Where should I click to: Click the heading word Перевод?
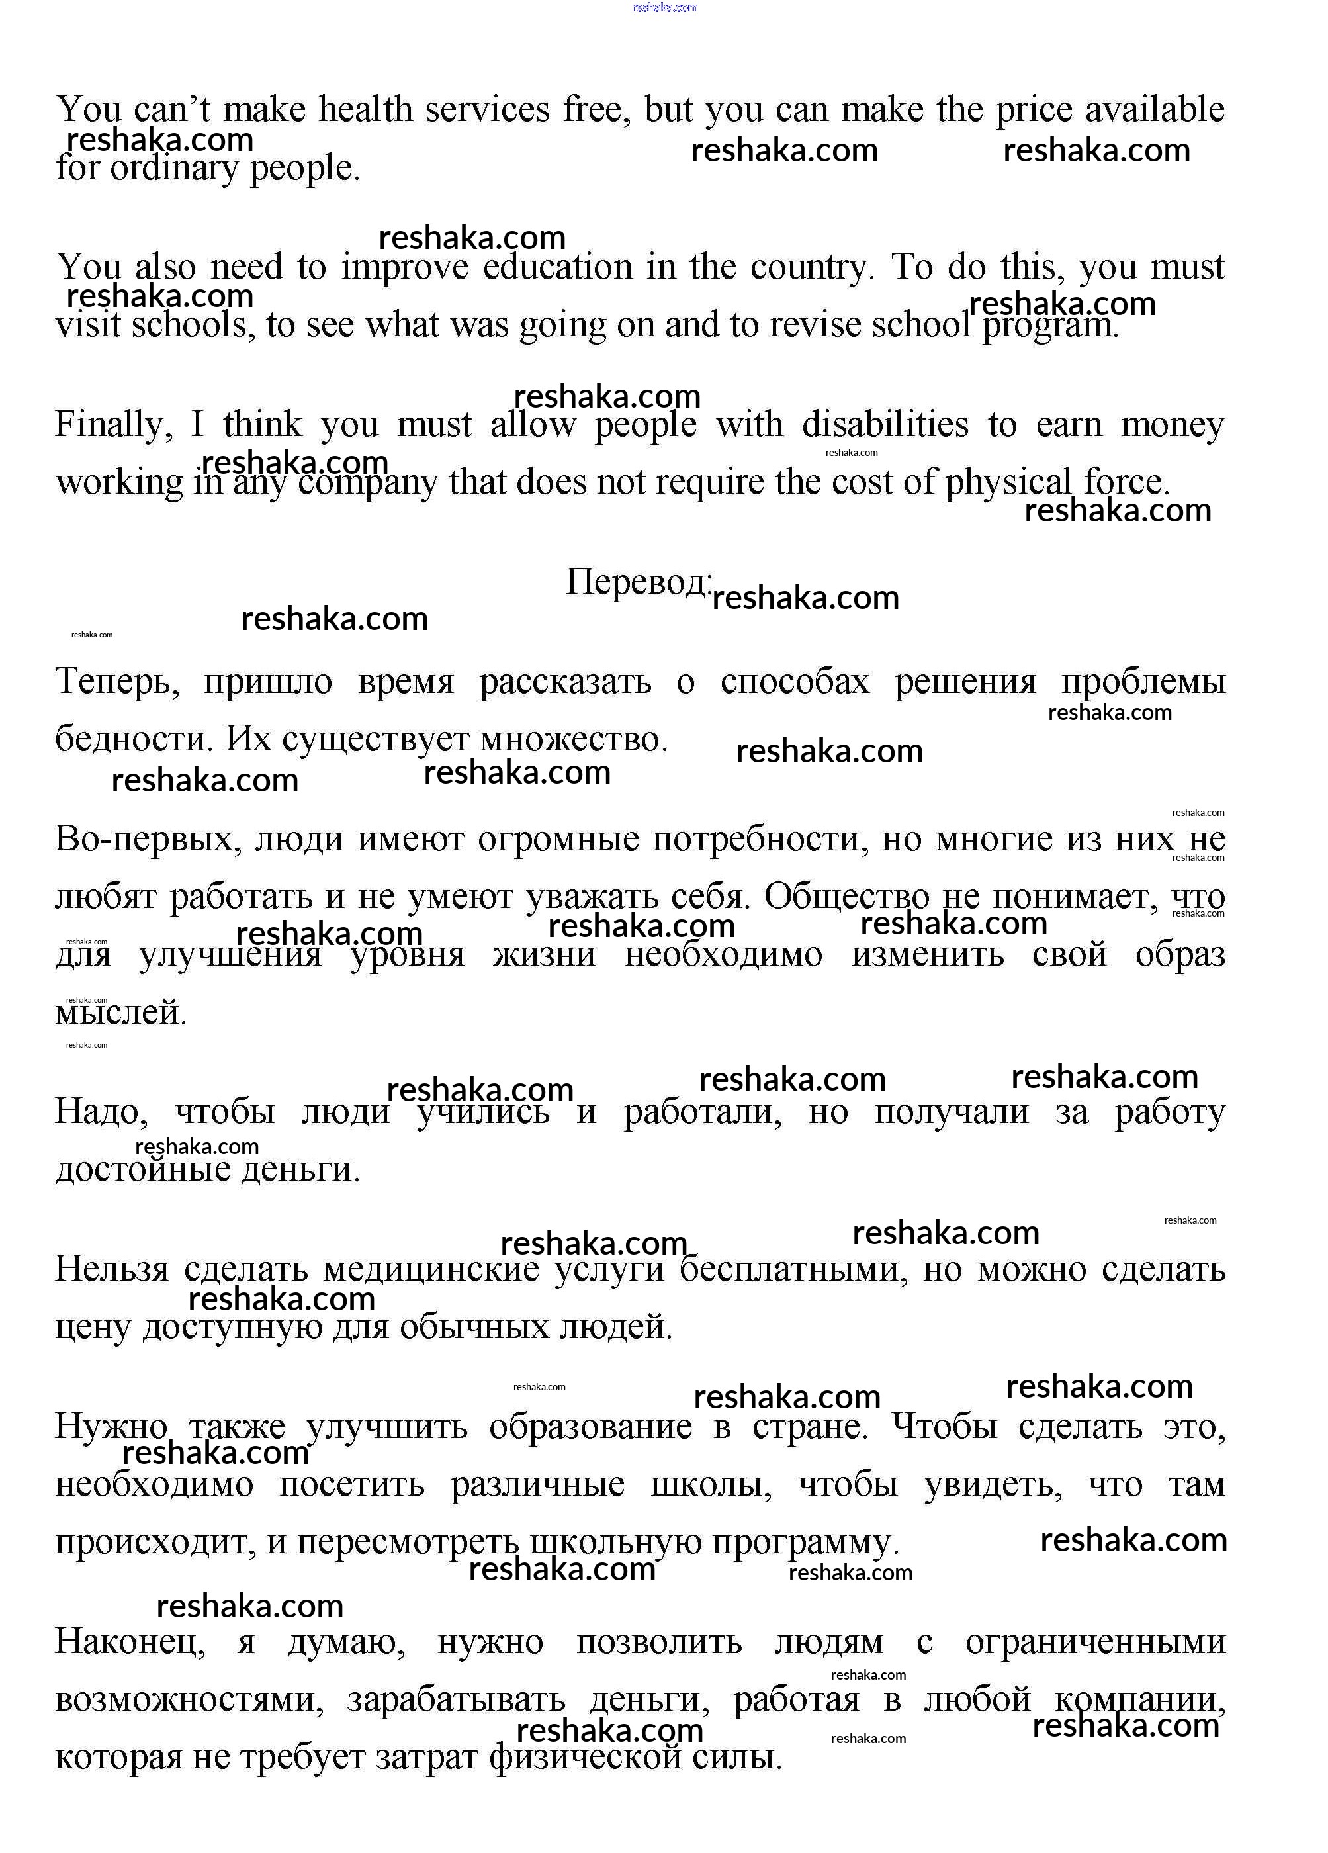pyautogui.click(x=638, y=582)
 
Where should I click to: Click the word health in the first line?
pyautogui.click(x=365, y=109)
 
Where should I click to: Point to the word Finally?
pyautogui.click(x=112, y=425)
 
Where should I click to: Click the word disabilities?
pyautogui.click(x=885, y=425)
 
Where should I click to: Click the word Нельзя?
pyautogui.click(x=111, y=1270)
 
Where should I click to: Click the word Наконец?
pyautogui.click(x=129, y=1642)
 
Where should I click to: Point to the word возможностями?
pyautogui.click(x=189, y=1700)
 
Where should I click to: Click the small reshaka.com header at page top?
pyautogui.click(x=664, y=7)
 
